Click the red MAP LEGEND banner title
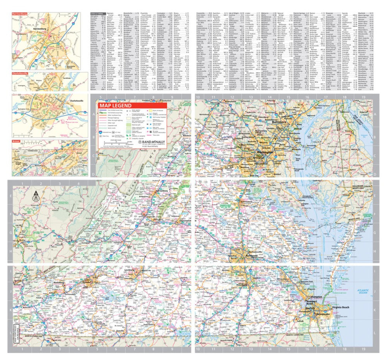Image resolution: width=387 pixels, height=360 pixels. point(115,106)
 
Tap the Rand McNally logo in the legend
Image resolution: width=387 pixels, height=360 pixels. point(152,142)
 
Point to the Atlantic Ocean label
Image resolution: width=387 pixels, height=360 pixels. point(362,291)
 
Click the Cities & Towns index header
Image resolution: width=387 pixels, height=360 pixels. point(97,13)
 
